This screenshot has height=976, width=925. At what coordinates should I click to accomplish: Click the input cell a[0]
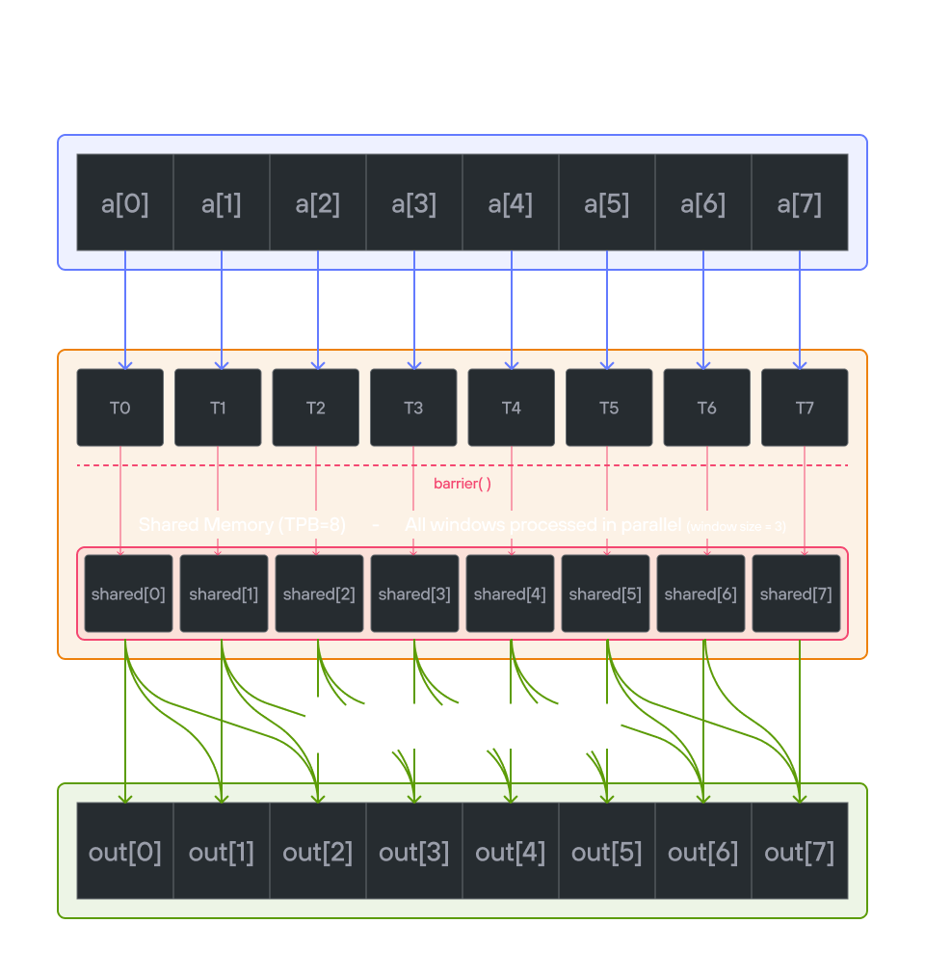(x=125, y=203)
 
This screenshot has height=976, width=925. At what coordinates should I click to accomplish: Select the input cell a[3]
(x=414, y=203)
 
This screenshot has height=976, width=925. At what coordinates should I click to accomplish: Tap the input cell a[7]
(x=799, y=203)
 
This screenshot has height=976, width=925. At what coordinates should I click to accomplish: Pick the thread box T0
(x=120, y=408)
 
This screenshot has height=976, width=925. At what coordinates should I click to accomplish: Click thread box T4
(x=511, y=408)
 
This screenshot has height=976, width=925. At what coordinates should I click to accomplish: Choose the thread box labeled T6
(x=706, y=408)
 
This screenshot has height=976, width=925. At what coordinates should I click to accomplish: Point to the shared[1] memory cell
(x=224, y=594)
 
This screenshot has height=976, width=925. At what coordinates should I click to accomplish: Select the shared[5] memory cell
(x=605, y=594)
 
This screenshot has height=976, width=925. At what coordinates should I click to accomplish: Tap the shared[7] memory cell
(x=796, y=594)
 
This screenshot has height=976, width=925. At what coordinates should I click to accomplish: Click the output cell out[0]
(x=125, y=852)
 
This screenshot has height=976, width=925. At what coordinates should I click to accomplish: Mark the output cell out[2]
(x=318, y=852)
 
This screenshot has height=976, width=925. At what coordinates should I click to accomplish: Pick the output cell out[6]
(x=702, y=852)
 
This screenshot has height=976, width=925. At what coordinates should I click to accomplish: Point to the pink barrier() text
(x=462, y=484)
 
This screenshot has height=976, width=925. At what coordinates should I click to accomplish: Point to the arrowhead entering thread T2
(x=318, y=364)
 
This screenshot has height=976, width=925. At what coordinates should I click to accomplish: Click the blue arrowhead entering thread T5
(x=607, y=364)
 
